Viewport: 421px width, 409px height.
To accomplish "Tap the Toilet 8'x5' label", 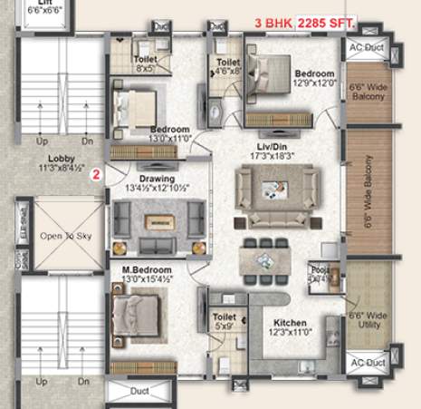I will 145,62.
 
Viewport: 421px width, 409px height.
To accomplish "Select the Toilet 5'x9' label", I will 224,322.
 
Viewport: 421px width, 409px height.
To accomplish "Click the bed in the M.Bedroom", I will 138,314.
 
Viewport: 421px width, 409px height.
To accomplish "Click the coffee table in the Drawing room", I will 159,222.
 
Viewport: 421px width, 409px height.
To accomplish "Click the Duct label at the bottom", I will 139,393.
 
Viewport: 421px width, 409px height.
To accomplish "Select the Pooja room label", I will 318,274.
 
